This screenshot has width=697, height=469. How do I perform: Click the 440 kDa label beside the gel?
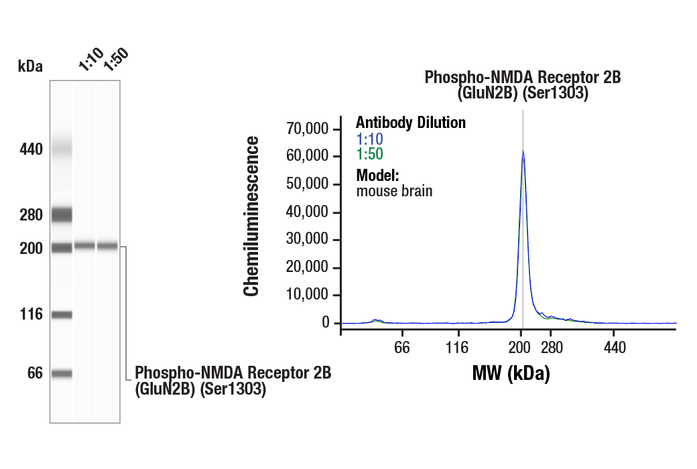click(x=30, y=149)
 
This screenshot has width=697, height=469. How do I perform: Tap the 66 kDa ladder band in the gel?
click(x=62, y=374)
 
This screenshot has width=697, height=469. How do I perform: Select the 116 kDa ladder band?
click(x=62, y=315)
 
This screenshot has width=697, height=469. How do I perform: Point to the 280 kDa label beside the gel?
click(x=30, y=216)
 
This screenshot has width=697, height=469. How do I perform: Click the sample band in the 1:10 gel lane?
click(x=84, y=246)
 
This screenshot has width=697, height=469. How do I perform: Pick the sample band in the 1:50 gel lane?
click(x=107, y=246)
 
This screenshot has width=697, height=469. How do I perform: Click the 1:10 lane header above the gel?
click(x=90, y=60)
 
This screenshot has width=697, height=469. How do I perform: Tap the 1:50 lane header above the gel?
click(x=115, y=60)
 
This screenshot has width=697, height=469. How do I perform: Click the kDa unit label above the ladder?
click(x=30, y=66)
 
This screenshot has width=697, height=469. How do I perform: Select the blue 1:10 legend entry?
click(x=369, y=139)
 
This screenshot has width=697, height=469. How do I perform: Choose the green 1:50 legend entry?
click(x=369, y=155)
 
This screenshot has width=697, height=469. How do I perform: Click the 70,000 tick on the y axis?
click(x=308, y=129)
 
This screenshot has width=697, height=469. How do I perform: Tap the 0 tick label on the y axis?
click(x=326, y=323)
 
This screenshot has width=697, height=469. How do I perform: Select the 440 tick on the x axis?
click(x=614, y=348)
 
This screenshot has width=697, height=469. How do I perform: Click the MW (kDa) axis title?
click(x=511, y=373)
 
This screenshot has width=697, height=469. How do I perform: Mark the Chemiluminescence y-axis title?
click(x=251, y=216)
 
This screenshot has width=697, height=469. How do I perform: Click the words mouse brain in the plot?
click(x=394, y=191)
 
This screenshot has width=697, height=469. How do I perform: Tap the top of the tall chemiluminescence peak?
click(x=523, y=152)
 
